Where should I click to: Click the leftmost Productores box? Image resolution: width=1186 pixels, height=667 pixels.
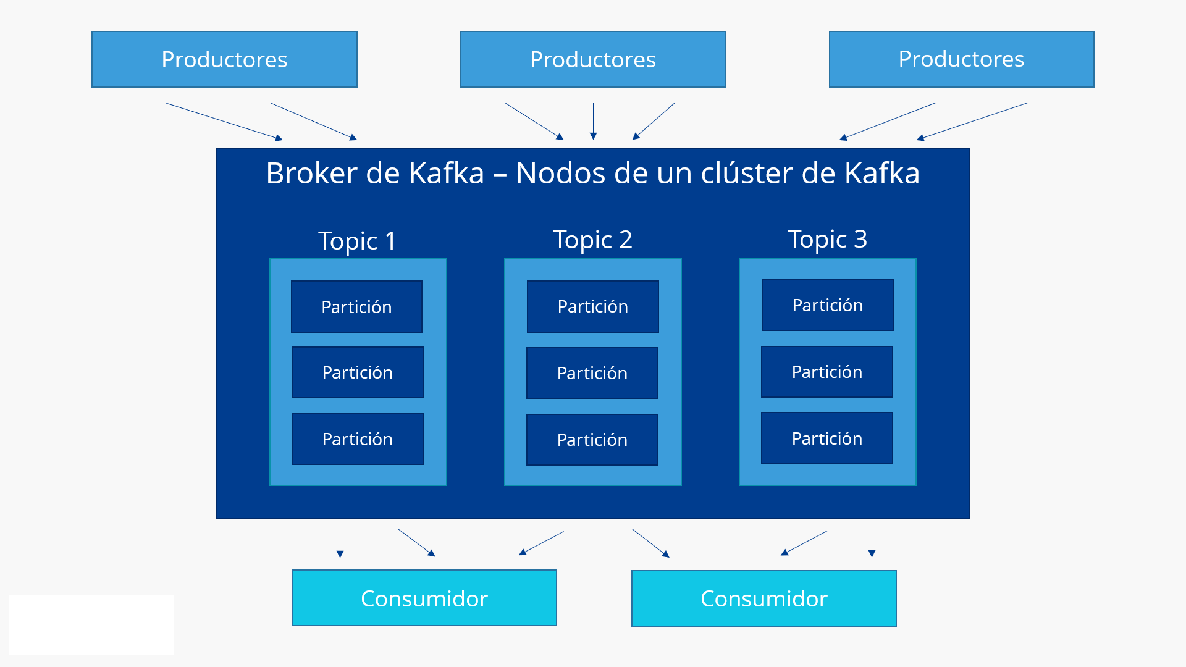click(224, 59)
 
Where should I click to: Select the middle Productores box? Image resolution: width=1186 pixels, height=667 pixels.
click(592, 59)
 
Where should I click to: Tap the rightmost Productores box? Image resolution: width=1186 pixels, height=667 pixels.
click(961, 59)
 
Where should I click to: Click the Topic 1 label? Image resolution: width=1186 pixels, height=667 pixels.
click(357, 240)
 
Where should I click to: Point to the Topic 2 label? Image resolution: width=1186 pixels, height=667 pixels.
click(592, 240)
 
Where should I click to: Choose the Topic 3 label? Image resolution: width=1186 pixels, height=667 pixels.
click(827, 239)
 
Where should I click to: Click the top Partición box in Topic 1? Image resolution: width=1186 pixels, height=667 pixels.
click(356, 306)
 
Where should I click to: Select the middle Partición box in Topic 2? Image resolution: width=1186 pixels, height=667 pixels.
click(592, 373)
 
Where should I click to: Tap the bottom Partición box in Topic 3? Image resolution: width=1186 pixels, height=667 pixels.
click(826, 438)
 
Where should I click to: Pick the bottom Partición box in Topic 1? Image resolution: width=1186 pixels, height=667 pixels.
click(357, 439)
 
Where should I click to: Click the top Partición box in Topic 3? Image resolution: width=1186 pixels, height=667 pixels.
click(827, 305)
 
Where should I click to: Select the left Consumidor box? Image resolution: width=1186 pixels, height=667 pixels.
click(424, 598)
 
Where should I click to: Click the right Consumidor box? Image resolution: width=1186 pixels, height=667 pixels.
click(763, 598)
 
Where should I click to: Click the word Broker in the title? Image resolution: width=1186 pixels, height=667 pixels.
click(312, 173)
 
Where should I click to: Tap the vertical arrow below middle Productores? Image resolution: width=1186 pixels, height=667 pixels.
click(593, 120)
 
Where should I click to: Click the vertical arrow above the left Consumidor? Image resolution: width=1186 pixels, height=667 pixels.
click(340, 542)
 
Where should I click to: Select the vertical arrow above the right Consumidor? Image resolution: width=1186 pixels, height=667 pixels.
click(872, 543)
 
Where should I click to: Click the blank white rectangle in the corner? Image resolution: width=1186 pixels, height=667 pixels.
click(91, 624)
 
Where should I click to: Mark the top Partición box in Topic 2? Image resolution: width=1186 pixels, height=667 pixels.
click(592, 306)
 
